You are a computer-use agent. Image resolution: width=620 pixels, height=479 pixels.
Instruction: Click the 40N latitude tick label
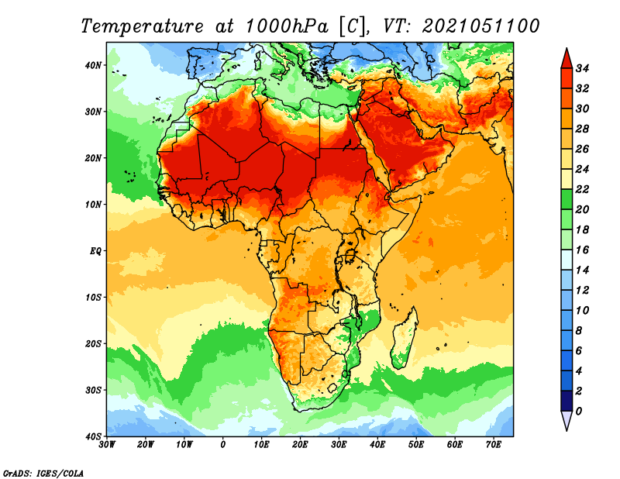click(x=93, y=65)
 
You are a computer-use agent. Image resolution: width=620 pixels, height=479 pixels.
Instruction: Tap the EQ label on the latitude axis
click(x=95, y=251)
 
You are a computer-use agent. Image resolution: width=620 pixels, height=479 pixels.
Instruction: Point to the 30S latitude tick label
click(x=93, y=391)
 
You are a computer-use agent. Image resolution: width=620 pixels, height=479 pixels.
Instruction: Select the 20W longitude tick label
click(x=145, y=445)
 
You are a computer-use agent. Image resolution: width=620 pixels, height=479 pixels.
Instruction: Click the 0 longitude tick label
click(x=223, y=445)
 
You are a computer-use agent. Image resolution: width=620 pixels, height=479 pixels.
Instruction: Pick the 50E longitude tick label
click(x=416, y=445)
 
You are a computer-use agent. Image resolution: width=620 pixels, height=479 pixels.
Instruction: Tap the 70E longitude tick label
click(x=494, y=445)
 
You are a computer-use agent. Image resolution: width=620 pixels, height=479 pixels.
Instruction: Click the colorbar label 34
click(x=582, y=68)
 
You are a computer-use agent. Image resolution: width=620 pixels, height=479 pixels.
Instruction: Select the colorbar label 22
click(x=582, y=189)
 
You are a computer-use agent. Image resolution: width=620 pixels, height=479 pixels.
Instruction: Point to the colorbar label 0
click(x=579, y=412)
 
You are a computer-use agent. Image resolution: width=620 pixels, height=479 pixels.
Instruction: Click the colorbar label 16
click(x=582, y=250)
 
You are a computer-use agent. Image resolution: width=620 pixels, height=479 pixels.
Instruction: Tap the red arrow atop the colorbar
click(x=567, y=59)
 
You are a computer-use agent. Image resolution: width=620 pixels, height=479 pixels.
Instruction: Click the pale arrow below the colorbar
click(x=567, y=421)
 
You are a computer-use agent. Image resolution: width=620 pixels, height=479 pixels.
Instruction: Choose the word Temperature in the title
click(x=142, y=26)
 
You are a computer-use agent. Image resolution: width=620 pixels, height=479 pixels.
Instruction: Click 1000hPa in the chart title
click(x=287, y=26)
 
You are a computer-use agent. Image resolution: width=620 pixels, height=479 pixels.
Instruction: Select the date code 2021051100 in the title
click(x=480, y=26)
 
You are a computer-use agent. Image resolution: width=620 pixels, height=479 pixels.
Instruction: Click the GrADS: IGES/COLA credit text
click(x=43, y=473)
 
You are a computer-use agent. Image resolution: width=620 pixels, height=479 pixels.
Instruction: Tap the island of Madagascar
click(x=405, y=338)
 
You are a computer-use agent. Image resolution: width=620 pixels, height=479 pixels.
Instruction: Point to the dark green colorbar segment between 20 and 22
click(x=567, y=199)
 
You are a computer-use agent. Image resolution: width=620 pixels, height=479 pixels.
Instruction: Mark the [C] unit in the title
click(x=352, y=26)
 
